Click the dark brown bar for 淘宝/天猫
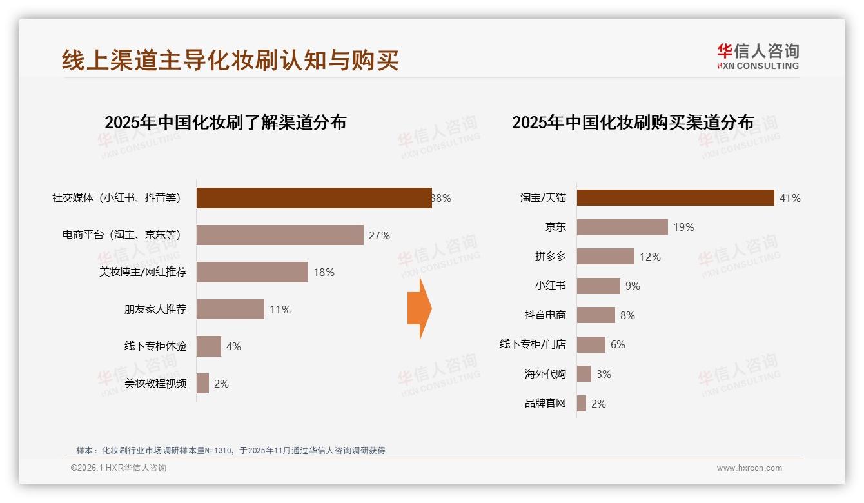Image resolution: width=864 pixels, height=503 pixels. [675, 198]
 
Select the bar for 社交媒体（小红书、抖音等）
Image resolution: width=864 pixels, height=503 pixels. [314, 198]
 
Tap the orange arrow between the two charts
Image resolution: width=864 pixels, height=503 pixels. [420, 308]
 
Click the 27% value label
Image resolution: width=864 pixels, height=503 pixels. [379, 235]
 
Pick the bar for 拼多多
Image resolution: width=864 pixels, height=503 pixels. [605, 257]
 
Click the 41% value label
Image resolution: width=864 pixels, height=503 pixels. [790, 198]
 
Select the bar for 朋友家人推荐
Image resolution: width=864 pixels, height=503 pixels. [230, 310]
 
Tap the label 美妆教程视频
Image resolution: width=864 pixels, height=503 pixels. [155, 384]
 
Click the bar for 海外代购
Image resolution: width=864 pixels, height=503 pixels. [584, 374]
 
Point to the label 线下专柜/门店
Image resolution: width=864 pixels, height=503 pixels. [533, 344]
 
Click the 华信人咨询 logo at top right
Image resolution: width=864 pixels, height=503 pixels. [758, 56]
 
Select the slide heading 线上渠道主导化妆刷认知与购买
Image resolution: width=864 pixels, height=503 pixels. [230, 60]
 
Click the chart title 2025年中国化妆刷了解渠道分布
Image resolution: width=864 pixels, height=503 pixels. [225, 123]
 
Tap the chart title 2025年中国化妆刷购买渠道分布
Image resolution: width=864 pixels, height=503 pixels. [633, 123]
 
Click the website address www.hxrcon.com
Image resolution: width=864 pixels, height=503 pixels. [749, 468]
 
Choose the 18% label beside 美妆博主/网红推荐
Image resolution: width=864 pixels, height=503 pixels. [324, 272]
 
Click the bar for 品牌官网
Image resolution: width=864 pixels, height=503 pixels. [582, 404]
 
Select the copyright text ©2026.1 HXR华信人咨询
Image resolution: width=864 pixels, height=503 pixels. [119, 468]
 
